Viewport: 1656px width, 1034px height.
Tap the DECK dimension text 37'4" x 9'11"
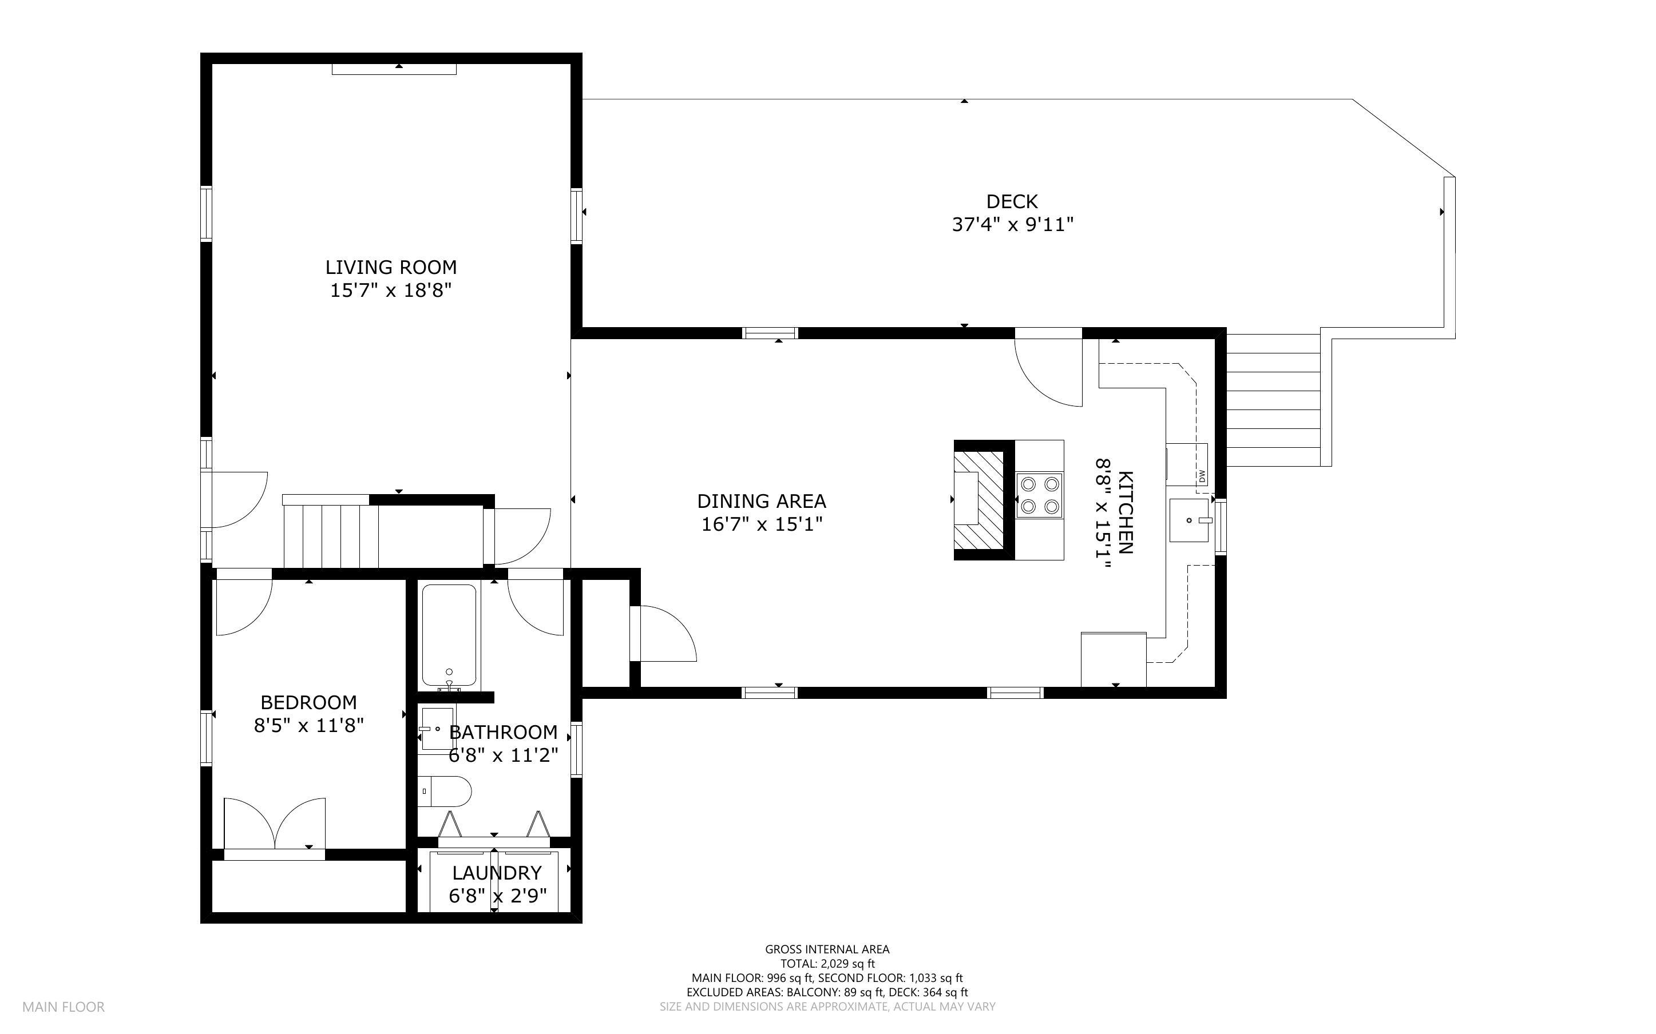click(x=1012, y=224)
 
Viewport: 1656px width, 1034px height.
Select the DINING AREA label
click(x=761, y=501)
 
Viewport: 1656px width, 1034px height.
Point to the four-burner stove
click(x=1039, y=495)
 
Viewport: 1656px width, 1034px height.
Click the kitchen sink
click(x=1190, y=520)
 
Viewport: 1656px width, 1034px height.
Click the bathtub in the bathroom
click(x=449, y=635)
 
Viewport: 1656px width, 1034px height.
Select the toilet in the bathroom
click(x=445, y=792)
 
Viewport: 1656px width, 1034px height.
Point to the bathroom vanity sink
click(x=437, y=729)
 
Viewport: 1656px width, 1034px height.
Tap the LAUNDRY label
click(x=497, y=873)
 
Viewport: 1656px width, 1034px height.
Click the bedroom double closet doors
click(x=274, y=824)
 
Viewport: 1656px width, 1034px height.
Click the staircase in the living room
click(x=330, y=531)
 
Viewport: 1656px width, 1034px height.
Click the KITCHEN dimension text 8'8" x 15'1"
click(x=1103, y=514)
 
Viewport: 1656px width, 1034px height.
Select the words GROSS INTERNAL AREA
click(x=827, y=949)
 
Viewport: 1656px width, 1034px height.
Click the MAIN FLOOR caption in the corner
click(x=64, y=1007)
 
